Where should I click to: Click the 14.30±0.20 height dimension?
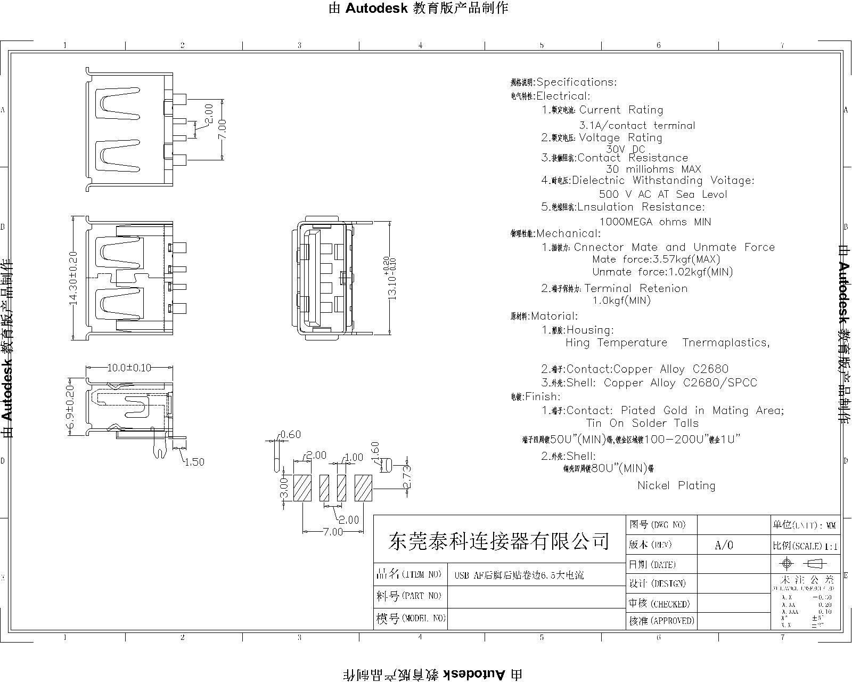73,278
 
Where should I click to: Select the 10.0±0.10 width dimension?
129,368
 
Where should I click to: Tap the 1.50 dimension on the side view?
194,462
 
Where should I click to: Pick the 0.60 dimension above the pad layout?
291,435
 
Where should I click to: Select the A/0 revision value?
724,545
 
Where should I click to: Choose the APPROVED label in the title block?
661,621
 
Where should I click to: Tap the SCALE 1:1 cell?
805,546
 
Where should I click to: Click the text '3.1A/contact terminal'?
637,126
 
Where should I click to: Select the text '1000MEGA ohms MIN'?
655,222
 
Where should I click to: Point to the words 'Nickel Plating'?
676,485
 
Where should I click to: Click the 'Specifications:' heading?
576,82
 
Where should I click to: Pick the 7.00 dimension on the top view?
222,129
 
